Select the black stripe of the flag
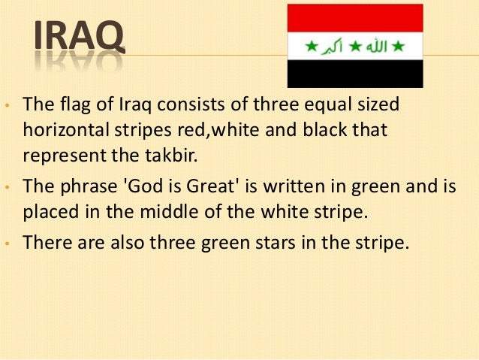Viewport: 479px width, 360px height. click(356, 74)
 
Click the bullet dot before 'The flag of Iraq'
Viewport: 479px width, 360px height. click(7, 105)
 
